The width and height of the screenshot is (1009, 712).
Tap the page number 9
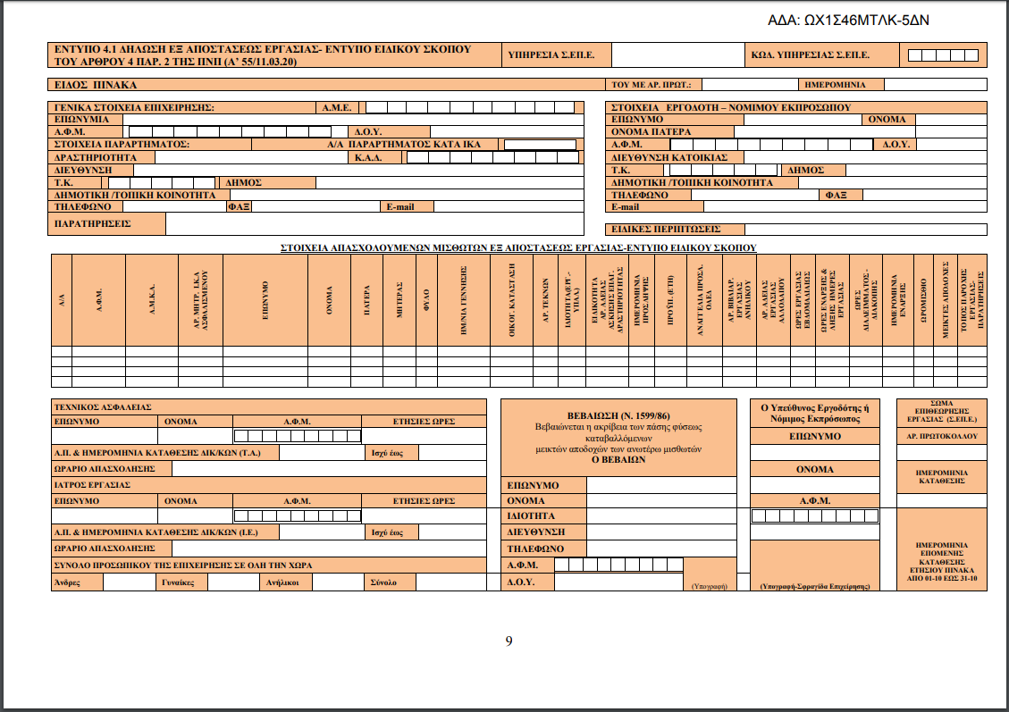click(x=509, y=641)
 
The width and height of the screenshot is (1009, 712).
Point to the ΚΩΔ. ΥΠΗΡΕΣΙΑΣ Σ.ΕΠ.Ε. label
click(x=811, y=55)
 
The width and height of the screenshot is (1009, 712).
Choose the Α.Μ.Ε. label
click(x=338, y=108)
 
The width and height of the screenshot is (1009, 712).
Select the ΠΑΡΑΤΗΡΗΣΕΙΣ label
click(x=93, y=223)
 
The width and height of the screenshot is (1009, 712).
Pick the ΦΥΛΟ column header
click(x=427, y=299)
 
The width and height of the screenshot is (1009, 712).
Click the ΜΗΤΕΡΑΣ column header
click(x=399, y=299)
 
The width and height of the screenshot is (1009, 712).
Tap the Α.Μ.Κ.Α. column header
click(x=152, y=299)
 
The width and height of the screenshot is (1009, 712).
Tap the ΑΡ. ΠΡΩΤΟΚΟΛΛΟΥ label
click(x=942, y=437)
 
